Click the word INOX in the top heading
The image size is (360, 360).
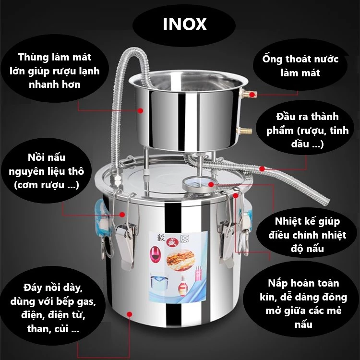(185, 24)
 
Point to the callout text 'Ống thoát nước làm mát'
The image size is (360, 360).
(300, 66)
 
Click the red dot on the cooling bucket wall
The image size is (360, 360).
(140, 110)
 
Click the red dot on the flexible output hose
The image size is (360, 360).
(262, 168)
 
